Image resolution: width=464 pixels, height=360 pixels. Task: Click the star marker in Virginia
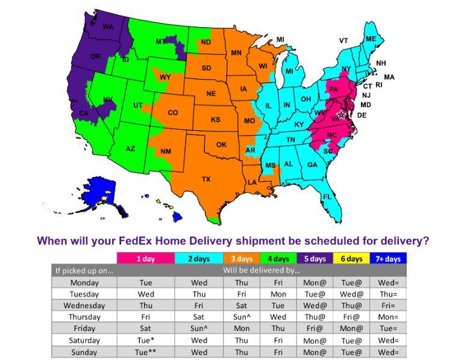pyautogui.click(x=342, y=114)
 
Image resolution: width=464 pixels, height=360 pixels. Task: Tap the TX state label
pyautogui.click(x=206, y=179)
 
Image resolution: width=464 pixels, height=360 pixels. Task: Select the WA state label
pyautogui.click(x=108, y=27)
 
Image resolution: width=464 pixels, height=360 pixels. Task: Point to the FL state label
pyautogui.click(x=327, y=197)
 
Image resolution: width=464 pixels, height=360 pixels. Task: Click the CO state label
pyautogui.click(x=173, y=113)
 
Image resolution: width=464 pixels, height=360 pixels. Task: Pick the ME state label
pyautogui.click(x=371, y=39)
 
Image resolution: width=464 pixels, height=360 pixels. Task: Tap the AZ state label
pyautogui.click(x=130, y=149)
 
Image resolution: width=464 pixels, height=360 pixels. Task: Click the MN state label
pyautogui.click(x=236, y=53)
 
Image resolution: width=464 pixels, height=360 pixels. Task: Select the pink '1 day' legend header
pyautogui.click(x=145, y=259)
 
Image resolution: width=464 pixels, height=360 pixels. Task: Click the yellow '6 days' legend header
pyautogui.click(x=351, y=259)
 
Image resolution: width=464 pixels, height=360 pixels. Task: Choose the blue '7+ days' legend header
pyautogui.click(x=389, y=259)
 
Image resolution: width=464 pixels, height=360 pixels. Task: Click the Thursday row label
pyautogui.click(x=84, y=317)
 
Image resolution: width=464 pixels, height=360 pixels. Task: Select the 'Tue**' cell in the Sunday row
pyautogui.click(x=145, y=352)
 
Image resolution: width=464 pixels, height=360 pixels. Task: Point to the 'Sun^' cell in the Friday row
pyautogui.click(x=199, y=329)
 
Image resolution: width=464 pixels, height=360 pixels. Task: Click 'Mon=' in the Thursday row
pyautogui.click(x=389, y=317)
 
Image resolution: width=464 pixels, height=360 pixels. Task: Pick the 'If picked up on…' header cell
pyautogui.click(x=84, y=270)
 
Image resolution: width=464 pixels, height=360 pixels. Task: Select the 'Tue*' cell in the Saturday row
pyautogui.click(x=145, y=340)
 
